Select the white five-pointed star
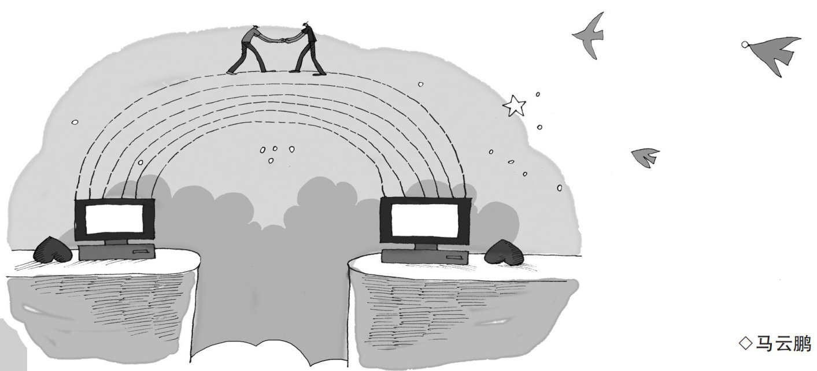(514, 105)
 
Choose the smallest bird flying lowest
(645, 156)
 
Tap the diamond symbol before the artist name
(745, 345)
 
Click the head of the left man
(256, 29)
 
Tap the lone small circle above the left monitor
(75, 122)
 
